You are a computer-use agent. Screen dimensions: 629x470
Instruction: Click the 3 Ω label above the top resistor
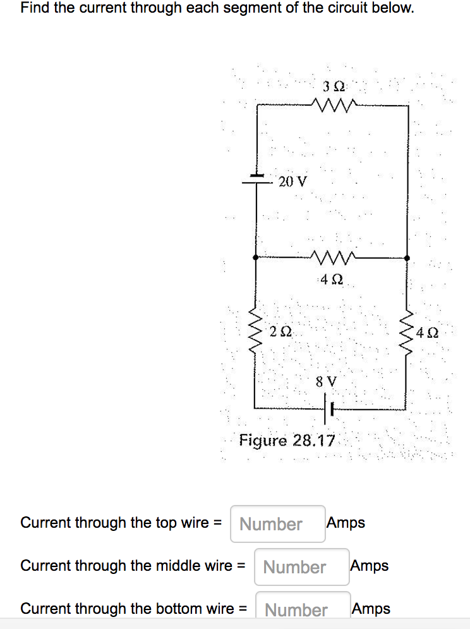[x=333, y=86]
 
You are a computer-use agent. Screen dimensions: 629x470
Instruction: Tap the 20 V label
[x=292, y=182]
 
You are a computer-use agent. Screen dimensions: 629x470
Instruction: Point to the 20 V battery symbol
[x=256, y=178]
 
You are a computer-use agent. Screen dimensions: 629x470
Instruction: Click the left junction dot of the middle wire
[x=255, y=258]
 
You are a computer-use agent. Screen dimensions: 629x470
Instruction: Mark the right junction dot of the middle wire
[x=406, y=258]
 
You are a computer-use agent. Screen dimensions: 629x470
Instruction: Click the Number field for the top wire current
[x=277, y=524]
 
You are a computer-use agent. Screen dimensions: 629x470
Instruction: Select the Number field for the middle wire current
[x=301, y=567]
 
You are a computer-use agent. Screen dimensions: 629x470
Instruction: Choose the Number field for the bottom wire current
[x=302, y=609]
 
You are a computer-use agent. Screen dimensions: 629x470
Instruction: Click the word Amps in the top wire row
[x=346, y=523]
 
